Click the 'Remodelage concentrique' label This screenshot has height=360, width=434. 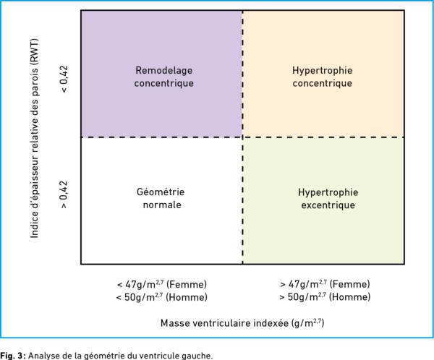tap(164, 77)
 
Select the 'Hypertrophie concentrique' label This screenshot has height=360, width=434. tap(323, 77)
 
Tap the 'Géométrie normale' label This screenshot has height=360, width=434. tap(161, 198)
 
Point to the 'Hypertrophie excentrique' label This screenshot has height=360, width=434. tap(328, 199)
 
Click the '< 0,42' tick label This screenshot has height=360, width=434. tap(64, 79)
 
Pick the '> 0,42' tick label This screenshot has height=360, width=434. tap(64, 194)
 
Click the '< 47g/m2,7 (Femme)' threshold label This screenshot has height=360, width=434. tap(162, 284)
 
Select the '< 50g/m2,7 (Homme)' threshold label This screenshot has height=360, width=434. tap(162, 297)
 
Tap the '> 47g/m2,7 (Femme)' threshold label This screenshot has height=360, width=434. tap(325, 284)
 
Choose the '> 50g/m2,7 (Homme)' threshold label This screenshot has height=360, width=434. tap(325, 296)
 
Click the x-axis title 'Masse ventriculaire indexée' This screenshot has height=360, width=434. tap(224, 323)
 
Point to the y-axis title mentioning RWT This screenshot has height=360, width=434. tap(34, 138)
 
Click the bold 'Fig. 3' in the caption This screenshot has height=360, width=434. tap(13, 356)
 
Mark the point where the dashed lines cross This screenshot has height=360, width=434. tap(243, 137)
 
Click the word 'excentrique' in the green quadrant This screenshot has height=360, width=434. tap(328, 205)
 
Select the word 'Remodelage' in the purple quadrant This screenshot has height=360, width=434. tap(164, 71)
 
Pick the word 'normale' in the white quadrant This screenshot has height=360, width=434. tap(162, 205)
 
